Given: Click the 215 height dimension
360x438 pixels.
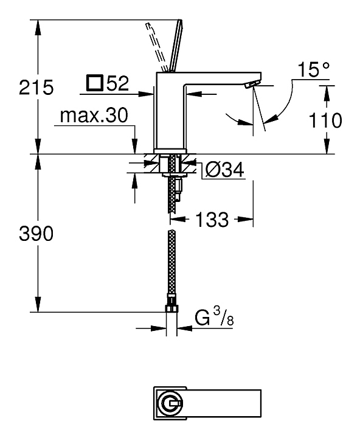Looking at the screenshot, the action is pyautogui.click(x=36, y=87).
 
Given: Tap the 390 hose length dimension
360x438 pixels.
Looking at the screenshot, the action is pyautogui.click(x=36, y=234).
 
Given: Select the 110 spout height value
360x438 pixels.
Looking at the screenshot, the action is pyautogui.click(x=325, y=120).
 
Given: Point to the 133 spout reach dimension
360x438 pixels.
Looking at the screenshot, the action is pyautogui.click(x=212, y=219).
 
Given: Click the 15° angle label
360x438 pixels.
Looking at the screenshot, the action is pyautogui.click(x=313, y=69).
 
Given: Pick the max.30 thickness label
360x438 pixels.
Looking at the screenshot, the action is pyautogui.click(x=94, y=116).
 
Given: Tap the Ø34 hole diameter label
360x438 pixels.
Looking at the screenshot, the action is pyautogui.click(x=224, y=169).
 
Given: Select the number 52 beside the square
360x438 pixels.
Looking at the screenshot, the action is pyautogui.click(x=117, y=83).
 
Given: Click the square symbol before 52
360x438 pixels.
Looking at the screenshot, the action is pyautogui.click(x=95, y=83).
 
